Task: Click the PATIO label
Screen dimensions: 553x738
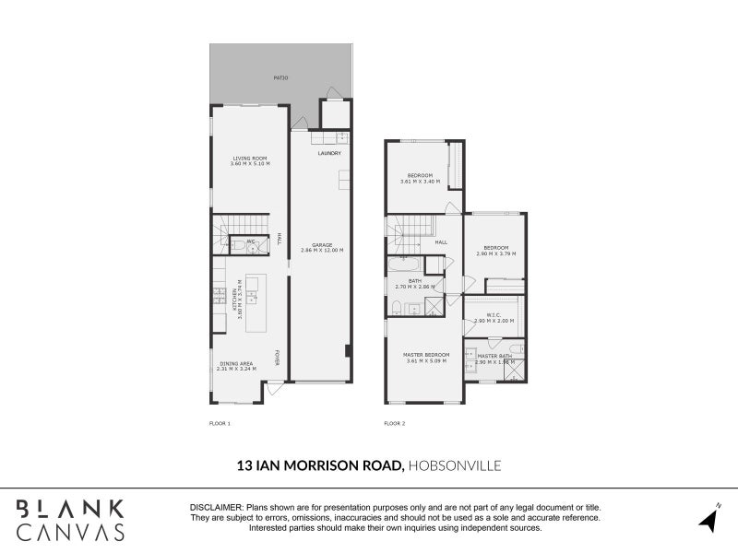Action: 280,77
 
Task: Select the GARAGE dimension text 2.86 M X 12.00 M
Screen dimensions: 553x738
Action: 322,250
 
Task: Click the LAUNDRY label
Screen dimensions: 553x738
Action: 329,153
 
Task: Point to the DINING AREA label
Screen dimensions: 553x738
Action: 236,363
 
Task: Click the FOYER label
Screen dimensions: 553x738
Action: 276,356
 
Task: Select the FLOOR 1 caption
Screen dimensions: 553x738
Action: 220,423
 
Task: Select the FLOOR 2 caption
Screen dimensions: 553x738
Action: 394,423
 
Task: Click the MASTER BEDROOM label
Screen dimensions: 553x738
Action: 426,355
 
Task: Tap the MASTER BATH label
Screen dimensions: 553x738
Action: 494,356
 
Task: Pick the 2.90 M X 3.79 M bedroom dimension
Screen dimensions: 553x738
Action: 495,253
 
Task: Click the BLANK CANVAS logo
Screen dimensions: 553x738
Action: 70,519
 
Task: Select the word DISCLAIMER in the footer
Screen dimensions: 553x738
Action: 215,508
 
